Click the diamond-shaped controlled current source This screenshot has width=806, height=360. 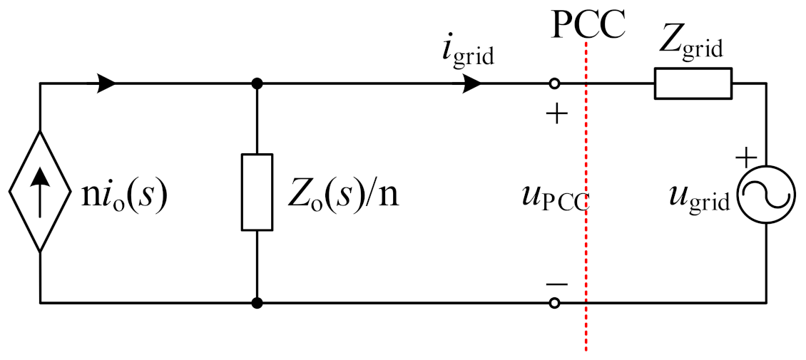40,192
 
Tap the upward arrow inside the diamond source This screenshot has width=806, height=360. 40,192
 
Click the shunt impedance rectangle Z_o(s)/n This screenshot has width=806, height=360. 257,192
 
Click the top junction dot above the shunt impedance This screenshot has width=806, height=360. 257,83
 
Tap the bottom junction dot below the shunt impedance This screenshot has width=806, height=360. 257,303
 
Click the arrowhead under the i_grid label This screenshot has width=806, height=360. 470,83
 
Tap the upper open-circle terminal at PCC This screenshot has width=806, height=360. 554,83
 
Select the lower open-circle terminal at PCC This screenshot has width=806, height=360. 554,303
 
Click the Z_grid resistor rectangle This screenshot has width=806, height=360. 693,83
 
